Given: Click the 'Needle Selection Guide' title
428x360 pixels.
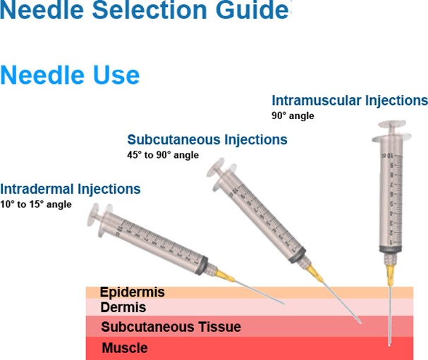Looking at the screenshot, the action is (x=145, y=11).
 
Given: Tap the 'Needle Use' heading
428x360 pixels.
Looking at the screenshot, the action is (x=70, y=75).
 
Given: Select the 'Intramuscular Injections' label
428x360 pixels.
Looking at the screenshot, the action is (x=350, y=101).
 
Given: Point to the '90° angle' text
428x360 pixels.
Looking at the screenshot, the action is (x=293, y=116).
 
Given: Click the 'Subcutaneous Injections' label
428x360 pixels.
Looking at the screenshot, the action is (x=207, y=139).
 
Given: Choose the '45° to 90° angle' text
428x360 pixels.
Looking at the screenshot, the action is (x=163, y=155).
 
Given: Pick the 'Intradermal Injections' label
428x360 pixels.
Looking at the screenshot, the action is (x=70, y=189).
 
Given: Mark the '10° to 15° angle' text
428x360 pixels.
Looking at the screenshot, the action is (x=36, y=204).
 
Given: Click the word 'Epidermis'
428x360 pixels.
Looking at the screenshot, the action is (x=132, y=292).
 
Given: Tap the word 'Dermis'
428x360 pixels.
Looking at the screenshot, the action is (x=123, y=307).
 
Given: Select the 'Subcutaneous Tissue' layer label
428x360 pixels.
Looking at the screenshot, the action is (x=171, y=327).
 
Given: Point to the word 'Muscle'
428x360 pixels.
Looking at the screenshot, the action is (x=125, y=348).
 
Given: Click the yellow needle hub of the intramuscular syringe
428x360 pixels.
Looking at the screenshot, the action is (x=390, y=276).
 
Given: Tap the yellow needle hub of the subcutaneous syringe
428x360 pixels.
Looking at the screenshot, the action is (x=314, y=273).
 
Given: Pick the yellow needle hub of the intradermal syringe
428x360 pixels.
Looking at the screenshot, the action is (x=225, y=275).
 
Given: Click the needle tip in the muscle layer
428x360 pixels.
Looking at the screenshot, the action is (x=389, y=345).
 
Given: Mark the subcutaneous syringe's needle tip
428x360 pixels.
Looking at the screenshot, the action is (x=360, y=323).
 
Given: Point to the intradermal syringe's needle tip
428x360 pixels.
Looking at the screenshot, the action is (x=284, y=303).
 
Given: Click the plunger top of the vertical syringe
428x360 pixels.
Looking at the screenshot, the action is (x=392, y=124).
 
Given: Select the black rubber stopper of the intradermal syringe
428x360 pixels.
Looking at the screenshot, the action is (x=202, y=266).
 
